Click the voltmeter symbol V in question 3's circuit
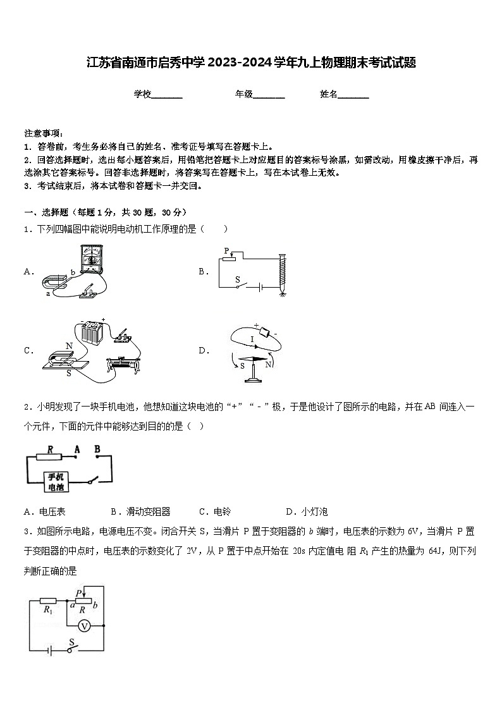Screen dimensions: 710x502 pyautogui.click(x=83, y=625)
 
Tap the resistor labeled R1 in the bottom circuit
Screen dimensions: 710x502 pyautogui.click(x=48, y=601)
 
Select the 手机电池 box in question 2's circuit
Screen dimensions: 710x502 pyautogui.click(x=56, y=482)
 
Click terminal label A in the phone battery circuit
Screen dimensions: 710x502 pyautogui.click(x=77, y=450)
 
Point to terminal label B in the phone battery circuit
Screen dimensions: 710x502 pyautogui.click(x=97, y=450)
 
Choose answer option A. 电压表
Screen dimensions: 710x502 pyautogui.click(x=44, y=511)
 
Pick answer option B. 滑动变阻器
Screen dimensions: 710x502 pyautogui.click(x=140, y=511)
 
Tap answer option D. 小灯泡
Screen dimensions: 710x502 pyautogui.click(x=306, y=511)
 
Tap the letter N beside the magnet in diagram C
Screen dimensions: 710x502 pyautogui.click(x=69, y=345)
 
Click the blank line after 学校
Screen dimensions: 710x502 pyautogui.click(x=167, y=95)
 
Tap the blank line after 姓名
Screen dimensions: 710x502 pyautogui.click(x=353, y=95)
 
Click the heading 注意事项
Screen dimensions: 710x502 pyautogui.click(x=43, y=133)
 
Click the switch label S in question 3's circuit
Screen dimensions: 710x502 pyautogui.click(x=71, y=642)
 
